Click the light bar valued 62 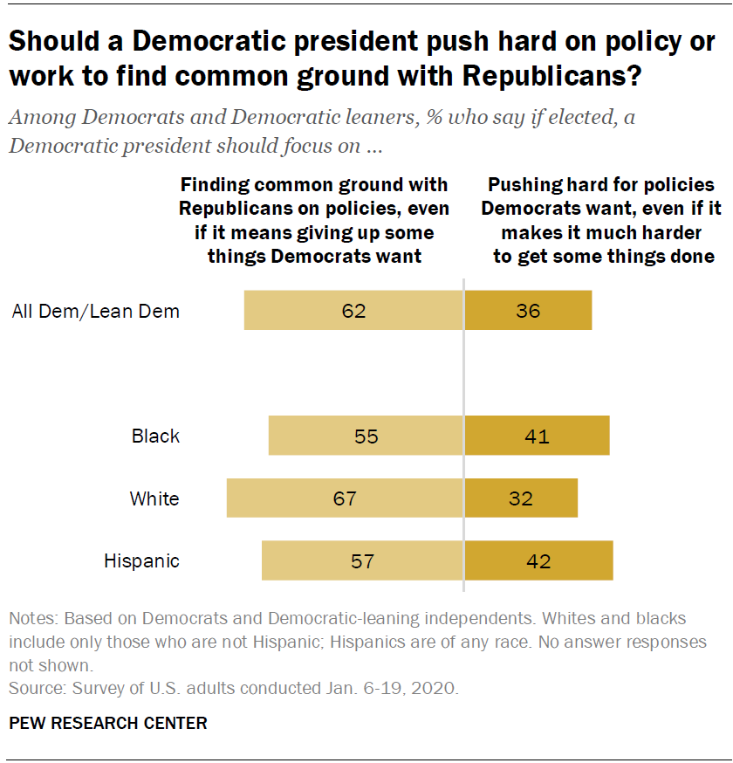pyautogui.click(x=353, y=311)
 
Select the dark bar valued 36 pyautogui.click(x=528, y=311)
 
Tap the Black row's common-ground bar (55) pyautogui.click(x=366, y=436)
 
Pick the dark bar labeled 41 pyautogui.click(x=537, y=436)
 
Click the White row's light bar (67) pyautogui.click(x=345, y=498)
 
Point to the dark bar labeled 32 pyautogui.click(x=521, y=498)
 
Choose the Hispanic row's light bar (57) pyautogui.click(x=362, y=560)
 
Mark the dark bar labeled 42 pyautogui.click(x=538, y=560)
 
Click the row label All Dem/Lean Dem pyautogui.click(x=96, y=311)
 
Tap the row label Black pyautogui.click(x=155, y=436)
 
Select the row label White pyautogui.click(x=154, y=498)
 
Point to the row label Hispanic pyautogui.click(x=141, y=560)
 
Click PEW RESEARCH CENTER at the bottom pyautogui.click(x=108, y=723)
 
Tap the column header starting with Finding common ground pyautogui.click(x=314, y=220)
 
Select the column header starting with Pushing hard pyautogui.click(x=601, y=220)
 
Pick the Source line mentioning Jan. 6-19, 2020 pyautogui.click(x=233, y=688)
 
